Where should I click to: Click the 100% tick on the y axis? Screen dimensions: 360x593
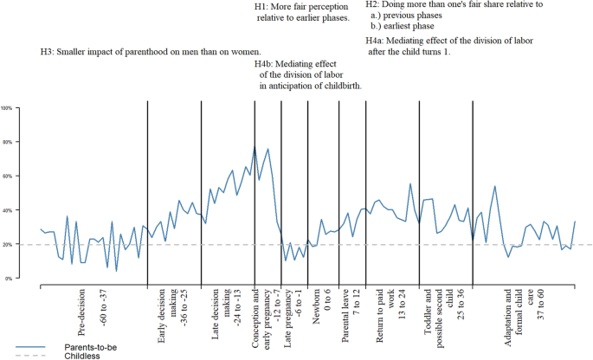[x=6, y=108]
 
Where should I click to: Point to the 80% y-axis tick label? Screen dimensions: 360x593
[x=6, y=142]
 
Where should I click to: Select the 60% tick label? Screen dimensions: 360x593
[x=6, y=176]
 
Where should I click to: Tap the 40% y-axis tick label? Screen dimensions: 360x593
[x=6, y=210]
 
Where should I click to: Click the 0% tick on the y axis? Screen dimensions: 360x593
[x=6, y=279]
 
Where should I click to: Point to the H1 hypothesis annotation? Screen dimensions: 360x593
[x=301, y=12]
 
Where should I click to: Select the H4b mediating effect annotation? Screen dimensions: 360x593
[x=308, y=74]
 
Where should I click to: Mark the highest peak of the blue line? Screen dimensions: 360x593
[x=255, y=147]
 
